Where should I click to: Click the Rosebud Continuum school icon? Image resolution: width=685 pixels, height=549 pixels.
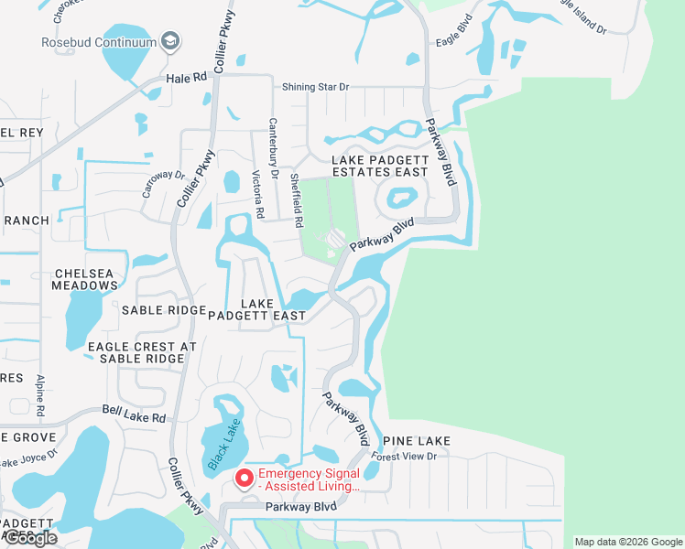point(169,41)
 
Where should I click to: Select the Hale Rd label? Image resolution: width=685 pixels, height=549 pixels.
point(188,79)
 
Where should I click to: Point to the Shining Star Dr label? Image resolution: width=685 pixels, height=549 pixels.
point(316,87)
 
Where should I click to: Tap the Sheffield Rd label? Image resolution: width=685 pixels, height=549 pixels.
point(297,200)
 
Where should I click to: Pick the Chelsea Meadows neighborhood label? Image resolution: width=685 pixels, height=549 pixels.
point(86,279)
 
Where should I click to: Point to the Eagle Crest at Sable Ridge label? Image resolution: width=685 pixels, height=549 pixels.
point(142,352)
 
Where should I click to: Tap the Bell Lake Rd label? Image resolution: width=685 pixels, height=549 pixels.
point(134,415)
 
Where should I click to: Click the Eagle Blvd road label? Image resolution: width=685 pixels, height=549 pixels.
point(458,42)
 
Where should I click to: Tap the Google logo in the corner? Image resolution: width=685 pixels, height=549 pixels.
point(30,538)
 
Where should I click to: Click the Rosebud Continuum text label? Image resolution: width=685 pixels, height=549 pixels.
point(98,42)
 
